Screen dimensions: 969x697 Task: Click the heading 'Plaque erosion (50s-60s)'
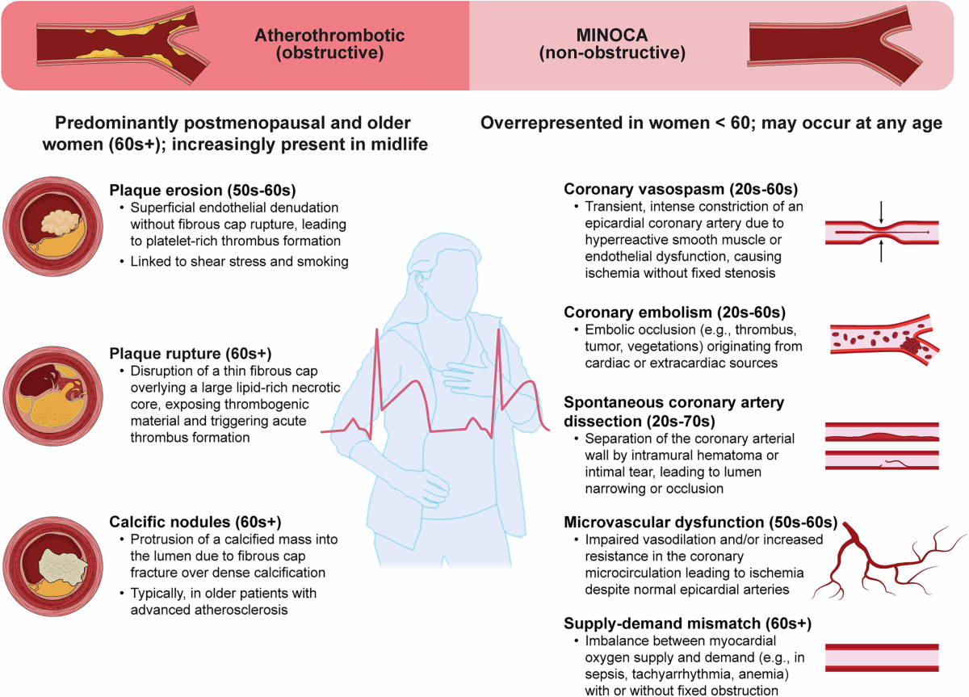[203, 191]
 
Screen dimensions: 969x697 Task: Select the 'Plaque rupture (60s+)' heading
[191, 354]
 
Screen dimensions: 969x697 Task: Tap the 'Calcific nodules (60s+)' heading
[195, 522]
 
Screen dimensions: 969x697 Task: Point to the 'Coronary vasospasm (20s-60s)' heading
[681, 189]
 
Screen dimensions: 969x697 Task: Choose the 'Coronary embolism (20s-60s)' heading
[675, 312]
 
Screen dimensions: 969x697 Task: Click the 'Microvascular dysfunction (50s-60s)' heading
[701, 523]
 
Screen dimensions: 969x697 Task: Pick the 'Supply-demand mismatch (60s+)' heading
[687, 624]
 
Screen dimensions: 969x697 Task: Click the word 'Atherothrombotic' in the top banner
[329, 35]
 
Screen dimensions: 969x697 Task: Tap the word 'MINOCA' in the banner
[612, 35]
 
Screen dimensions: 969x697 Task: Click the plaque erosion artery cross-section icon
[52, 226]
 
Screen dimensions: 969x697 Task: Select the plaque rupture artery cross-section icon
[52, 396]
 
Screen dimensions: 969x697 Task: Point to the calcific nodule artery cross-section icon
[52, 566]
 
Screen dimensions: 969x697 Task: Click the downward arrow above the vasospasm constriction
[881, 212]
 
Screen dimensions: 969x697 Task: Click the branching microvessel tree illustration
[886, 561]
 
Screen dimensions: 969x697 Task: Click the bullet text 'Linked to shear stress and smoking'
[239, 262]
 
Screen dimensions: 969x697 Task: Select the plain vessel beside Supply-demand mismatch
[882, 657]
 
